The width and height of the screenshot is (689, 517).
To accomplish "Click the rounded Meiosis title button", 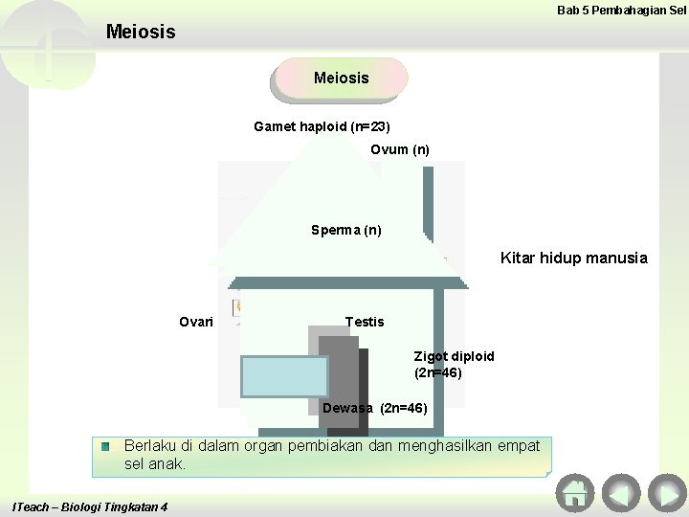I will pyautogui.click(x=341, y=79).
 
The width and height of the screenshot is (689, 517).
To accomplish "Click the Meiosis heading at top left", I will pyautogui.click(x=141, y=33).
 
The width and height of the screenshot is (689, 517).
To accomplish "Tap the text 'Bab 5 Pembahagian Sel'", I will pyautogui.click(x=621, y=10).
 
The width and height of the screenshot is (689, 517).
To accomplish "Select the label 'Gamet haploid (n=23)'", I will pyautogui.click(x=322, y=126).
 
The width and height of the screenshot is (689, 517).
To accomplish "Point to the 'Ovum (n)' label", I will pyautogui.click(x=400, y=149).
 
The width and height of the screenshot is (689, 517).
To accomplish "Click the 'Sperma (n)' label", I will pyautogui.click(x=345, y=230).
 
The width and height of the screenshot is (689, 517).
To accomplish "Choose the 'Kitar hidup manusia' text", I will pyautogui.click(x=573, y=258).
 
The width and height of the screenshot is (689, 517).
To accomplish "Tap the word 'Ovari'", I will pyautogui.click(x=196, y=322).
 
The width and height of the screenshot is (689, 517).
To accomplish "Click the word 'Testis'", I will pyautogui.click(x=364, y=322).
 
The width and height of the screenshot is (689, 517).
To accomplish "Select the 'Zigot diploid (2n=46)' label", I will pyautogui.click(x=454, y=364).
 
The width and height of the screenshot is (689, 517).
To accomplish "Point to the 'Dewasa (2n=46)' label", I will pyautogui.click(x=375, y=408).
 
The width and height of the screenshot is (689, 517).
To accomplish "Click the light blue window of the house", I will pyautogui.click(x=284, y=376).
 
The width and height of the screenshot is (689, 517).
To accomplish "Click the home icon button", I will pyautogui.click(x=574, y=493).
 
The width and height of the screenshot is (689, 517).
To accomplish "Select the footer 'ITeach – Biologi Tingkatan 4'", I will pyautogui.click(x=89, y=506).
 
